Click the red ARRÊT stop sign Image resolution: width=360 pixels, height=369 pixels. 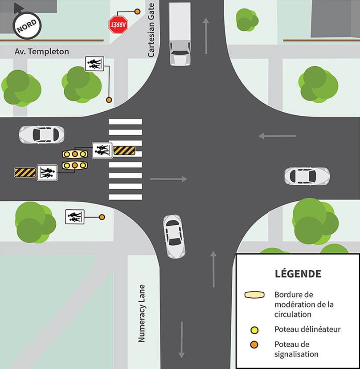point(119,25)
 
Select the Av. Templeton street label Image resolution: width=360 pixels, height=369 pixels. point(42,52)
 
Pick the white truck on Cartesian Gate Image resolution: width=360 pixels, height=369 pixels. point(180,34)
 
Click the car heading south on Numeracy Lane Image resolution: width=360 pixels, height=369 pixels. point(173,236)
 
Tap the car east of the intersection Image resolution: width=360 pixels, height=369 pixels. point(307,176)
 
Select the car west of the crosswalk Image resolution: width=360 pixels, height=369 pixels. point(41,134)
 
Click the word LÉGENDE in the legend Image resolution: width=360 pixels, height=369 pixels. point(297,273)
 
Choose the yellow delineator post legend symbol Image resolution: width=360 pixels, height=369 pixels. point(254,330)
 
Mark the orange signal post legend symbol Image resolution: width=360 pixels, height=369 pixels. point(254,345)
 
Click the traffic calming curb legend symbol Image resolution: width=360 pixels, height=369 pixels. point(254,295)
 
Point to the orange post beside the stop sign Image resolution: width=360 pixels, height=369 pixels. point(137,11)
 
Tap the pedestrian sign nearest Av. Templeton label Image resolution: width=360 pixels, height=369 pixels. point(94,64)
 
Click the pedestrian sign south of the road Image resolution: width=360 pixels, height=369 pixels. point(74,217)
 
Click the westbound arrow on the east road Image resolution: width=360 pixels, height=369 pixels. point(277,136)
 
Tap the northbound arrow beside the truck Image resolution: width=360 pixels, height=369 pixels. point(205,36)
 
